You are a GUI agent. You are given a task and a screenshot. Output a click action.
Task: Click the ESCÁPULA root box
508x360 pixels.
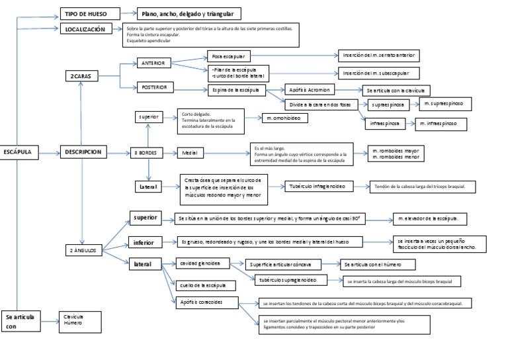(19, 152)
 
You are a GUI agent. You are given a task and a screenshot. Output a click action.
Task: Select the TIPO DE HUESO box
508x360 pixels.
(90, 13)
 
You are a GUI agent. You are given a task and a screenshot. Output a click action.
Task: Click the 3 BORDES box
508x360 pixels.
(146, 153)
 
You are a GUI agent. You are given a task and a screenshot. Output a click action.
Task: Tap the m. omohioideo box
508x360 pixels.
(286, 119)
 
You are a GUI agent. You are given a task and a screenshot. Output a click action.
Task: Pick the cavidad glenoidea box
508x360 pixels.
(201, 264)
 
